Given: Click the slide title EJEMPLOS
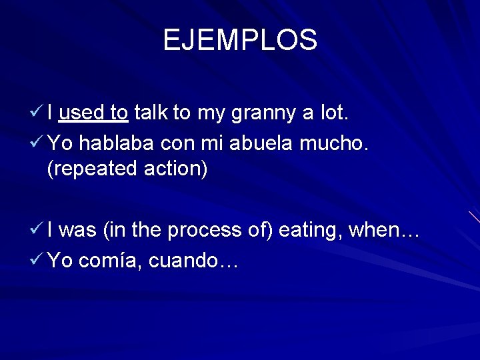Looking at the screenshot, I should [x=240, y=40].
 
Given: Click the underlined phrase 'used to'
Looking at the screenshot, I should [x=93, y=113].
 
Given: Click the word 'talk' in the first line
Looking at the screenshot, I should [x=151, y=113].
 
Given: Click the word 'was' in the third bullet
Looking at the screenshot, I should [x=81, y=231].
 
